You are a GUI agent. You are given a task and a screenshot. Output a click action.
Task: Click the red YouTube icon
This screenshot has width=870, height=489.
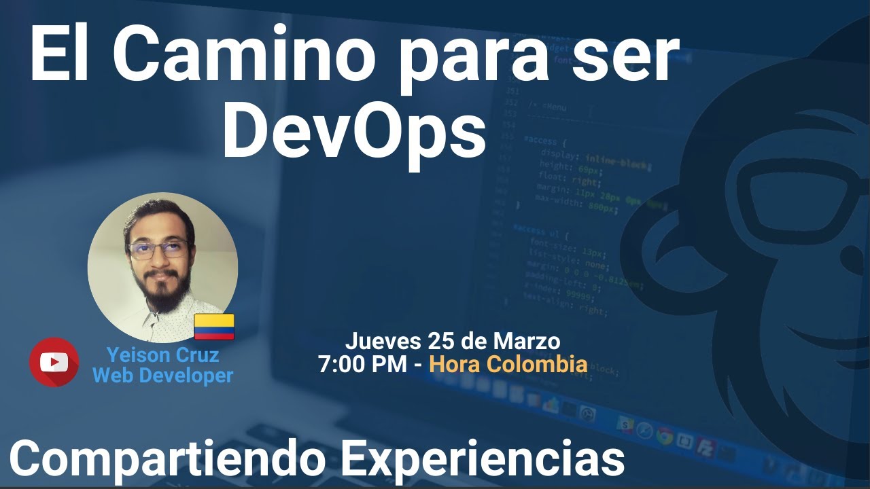54,363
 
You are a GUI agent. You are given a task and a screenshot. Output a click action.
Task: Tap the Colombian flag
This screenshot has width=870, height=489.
214,327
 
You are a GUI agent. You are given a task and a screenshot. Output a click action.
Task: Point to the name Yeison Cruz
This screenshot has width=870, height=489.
162,355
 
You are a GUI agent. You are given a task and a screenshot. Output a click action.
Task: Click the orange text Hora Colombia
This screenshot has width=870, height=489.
508,364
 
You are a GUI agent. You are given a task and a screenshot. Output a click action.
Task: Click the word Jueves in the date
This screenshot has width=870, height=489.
383,341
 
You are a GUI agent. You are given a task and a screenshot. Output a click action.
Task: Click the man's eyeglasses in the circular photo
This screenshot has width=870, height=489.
158,249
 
